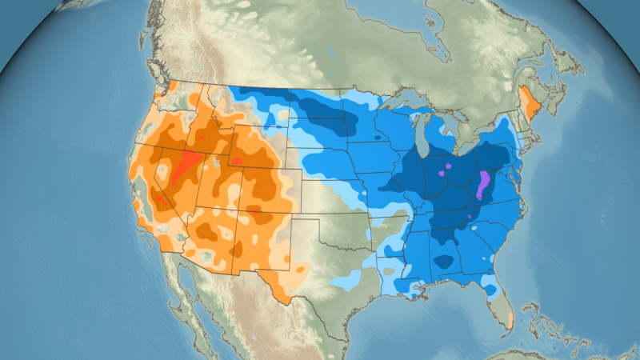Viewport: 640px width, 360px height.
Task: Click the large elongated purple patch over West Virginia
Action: point(482,186)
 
